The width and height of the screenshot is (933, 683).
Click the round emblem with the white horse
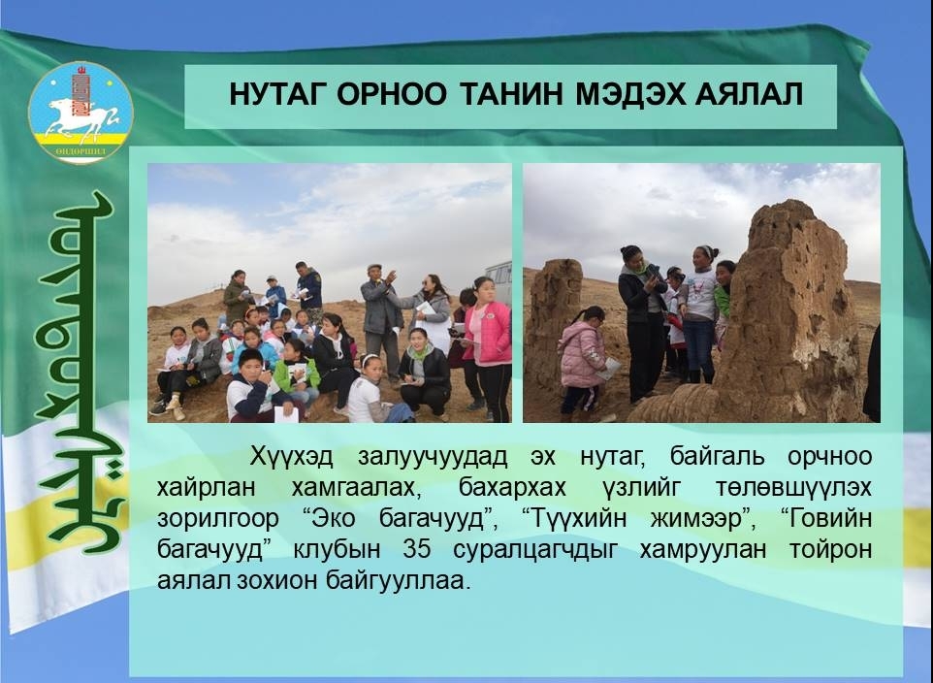pos(80,112)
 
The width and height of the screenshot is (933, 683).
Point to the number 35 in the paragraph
pos(416,549)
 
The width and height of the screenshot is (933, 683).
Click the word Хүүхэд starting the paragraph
pos(291,457)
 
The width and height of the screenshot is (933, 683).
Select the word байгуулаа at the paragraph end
pos(398,580)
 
